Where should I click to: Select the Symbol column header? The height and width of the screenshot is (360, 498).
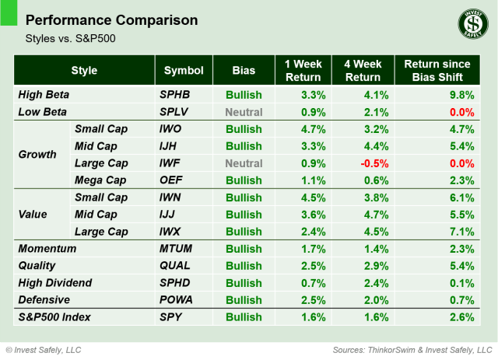pyautogui.click(x=183, y=71)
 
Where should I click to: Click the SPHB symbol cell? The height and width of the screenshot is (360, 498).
pyautogui.click(x=175, y=95)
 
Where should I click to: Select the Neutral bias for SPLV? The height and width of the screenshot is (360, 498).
pyautogui.click(x=244, y=112)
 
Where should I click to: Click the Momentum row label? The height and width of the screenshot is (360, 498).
pyautogui.click(x=47, y=249)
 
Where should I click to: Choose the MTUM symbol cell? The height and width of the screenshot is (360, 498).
pyautogui.click(x=177, y=249)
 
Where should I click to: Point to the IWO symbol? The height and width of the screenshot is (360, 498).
pyautogui.click(x=172, y=129)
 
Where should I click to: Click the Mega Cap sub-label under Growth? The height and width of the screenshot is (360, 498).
pyautogui.click(x=100, y=180)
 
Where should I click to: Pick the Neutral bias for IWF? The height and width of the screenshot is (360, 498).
pyautogui.click(x=244, y=163)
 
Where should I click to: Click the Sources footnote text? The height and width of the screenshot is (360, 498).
pyautogui.click(x=412, y=349)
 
